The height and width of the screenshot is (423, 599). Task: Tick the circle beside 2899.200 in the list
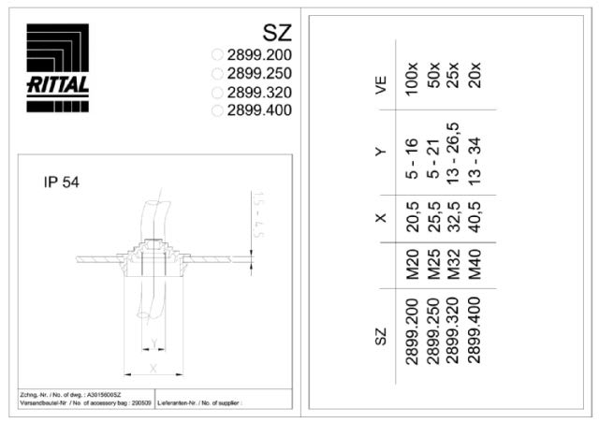218,55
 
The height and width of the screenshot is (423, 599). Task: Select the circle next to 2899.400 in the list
218,110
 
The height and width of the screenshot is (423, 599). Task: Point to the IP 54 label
61,182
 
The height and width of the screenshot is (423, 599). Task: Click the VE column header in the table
381,86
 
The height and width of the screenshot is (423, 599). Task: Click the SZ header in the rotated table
381,335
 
